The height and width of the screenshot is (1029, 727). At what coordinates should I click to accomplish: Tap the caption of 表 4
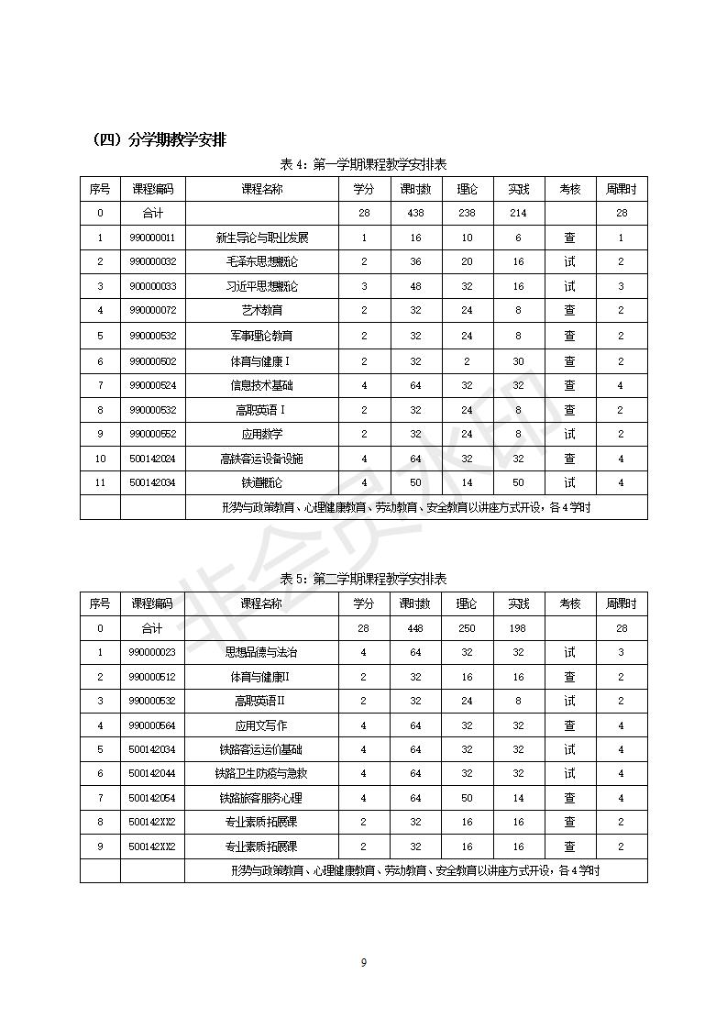point(363,165)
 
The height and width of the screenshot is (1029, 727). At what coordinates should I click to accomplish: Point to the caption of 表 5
point(363,579)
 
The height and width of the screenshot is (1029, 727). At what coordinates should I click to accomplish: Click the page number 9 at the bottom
point(364,962)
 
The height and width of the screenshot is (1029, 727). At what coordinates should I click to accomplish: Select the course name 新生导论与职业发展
point(261,238)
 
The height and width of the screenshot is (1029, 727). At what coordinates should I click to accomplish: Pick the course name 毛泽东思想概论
point(261,262)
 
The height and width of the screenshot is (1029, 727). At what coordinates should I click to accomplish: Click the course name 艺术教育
point(261,311)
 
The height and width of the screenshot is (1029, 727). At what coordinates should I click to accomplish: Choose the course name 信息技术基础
point(261,385)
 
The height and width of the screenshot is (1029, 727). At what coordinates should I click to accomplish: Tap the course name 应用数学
point(261,434)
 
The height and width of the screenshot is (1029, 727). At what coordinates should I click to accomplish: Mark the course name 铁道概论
point(261,482)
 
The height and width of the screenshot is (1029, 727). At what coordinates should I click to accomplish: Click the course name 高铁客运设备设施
point(261,459)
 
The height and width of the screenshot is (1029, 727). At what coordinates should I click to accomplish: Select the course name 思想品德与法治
point(261,652)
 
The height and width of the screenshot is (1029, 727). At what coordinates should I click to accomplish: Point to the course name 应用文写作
point(261,725)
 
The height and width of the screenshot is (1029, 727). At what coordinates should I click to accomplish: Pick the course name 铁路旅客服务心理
point(261,798)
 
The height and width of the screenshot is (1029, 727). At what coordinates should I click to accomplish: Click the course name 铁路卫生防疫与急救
point(261,774)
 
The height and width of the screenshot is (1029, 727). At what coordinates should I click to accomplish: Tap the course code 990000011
point(152,238)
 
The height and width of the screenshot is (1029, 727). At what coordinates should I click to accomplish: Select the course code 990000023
point(152,652)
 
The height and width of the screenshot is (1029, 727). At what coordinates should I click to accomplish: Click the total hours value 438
point(415,213)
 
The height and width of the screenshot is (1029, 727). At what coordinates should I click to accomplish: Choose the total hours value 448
point(415,628)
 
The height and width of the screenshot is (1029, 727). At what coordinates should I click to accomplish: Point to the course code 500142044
point(152,774)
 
